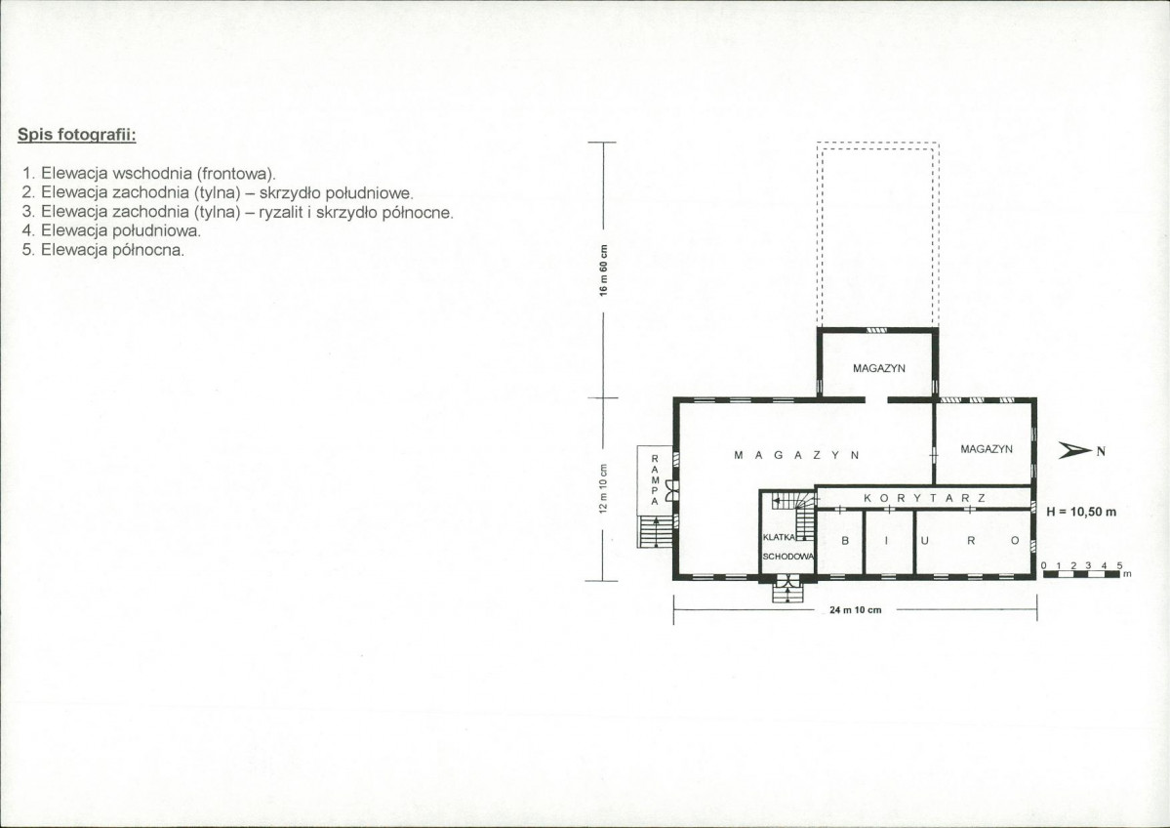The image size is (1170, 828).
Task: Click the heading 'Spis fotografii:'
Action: pyautogui.click(x=76, y=135)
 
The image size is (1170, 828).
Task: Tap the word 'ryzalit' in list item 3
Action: pyautogui.click(x=281, y=213)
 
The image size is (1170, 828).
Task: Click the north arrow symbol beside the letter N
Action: pyautogui.click(x=1075, y=449)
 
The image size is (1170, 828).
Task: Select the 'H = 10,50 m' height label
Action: pyautogui.click(x=1081, y=513)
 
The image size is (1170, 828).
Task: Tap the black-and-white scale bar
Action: pyautogui.click(x=1081, y=574)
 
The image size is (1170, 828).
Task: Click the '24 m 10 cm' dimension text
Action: pyautogui.click(x=855, y=610)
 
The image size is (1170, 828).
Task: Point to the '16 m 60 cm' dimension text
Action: pyautogui.click(x=604, y=269)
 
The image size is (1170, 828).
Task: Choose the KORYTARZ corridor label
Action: pyautogui.click(x=924, y=498)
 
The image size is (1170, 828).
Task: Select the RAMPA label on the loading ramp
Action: pyautogui.click(x=655, y=480)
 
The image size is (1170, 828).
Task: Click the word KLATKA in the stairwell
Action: pyautogui.click(x=779, y=537)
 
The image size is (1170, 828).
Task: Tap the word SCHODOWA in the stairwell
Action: pyautogui.click(x=787, y=557)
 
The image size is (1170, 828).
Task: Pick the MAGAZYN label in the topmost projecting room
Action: pyautogui.click(x=879, y=368)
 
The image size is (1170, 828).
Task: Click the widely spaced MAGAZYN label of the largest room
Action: pyautogui.click(x=797, y=455)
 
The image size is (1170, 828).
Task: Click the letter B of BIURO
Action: pyautogui.click(x=845, y=541)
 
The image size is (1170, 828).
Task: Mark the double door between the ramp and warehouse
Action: pyautogui.click(x=672, y=490)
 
